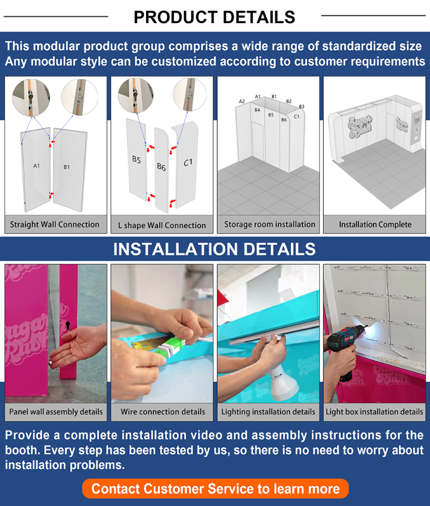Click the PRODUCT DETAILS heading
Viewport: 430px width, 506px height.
(214, 17)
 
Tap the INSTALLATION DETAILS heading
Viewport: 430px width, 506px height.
(214, 249)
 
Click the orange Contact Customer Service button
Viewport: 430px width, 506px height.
(216, 488)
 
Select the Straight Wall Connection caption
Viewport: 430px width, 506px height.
(55, 225)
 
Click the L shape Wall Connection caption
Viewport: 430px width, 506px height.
(162, 225)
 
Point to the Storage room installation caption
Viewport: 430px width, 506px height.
(270, 224)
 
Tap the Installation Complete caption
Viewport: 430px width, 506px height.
(375, 225)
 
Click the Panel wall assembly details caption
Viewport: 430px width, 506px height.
(56, 412)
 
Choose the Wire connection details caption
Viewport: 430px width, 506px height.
(163, 412)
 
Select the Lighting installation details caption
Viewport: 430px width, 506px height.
(268, 412)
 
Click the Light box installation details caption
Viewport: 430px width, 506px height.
(374, 412)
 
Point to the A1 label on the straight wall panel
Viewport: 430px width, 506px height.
(37, 166)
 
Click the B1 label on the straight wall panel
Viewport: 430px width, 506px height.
(67, 167)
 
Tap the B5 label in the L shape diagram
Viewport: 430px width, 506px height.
(137, 159)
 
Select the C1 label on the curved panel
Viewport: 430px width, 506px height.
(188, 162)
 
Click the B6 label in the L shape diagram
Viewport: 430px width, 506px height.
(161, 167)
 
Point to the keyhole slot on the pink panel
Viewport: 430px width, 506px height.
(68, 324)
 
